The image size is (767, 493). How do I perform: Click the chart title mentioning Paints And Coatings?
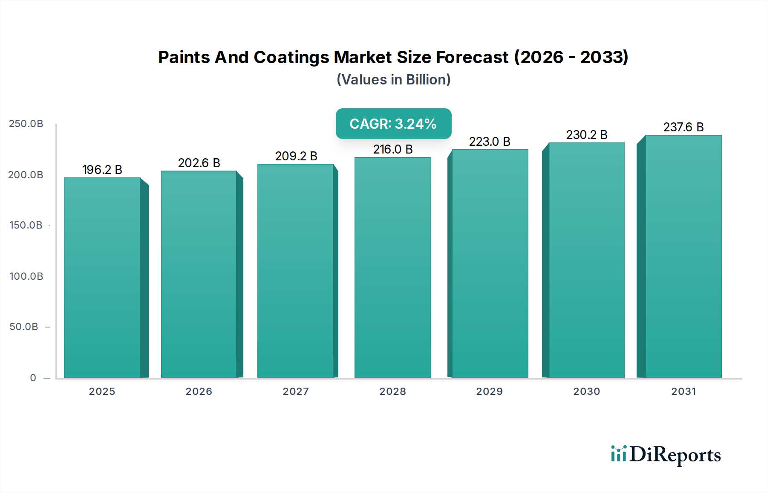pyautogui.click(x=393, y=57)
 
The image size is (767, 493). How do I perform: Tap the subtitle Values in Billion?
pyautogui.click(x=393, y=80)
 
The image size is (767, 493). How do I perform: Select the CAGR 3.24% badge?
pyautogui.click(x=393, y=124)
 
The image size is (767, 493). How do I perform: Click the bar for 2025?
pyautogui.click(x=102, y=277)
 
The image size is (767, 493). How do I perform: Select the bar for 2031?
pyautogui.click(x=683, y=256)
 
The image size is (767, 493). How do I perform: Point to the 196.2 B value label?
pyautogui.click(x=102, y=170)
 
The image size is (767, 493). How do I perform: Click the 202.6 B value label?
pyautogui.click(x=199, y=163)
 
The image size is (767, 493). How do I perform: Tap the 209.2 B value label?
pyautogui.click(x=296, y=156)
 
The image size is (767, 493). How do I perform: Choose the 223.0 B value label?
pyautogui.click(x=490, y=142)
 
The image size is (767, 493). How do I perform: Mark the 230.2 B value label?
pyautogui.click(x=586, y=135)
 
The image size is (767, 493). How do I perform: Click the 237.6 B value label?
pyautogui.click(x=683, y=127)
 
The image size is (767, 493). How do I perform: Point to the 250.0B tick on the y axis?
pyautogui.click(x=26, y=124)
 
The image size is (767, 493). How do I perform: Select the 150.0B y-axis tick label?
pyautogui.click(x=26, y=225)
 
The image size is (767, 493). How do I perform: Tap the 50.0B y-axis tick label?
pyautogui.click(x=24, y=327)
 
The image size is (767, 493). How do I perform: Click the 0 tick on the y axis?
pyautogui.click(x=33, y=378)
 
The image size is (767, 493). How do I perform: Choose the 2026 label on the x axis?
pyautogui.click(x=199, y=391)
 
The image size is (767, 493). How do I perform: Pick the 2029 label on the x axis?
pyautogui.click(x=490, y=391)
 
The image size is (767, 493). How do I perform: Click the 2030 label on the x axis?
pyautogui.click(x=586, y=391)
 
